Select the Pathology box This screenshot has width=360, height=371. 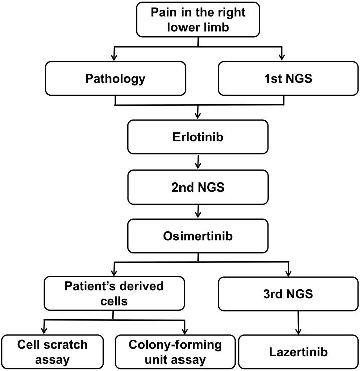click(x=116, y=79)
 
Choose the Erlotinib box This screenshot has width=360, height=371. click(x=199, y=137)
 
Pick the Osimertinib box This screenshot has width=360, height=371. click(x=199, y=236)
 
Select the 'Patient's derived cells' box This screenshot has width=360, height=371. click(x=114, y=294)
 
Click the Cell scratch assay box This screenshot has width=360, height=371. click(x=51, y=352)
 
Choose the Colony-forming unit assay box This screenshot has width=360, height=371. click(x=174, y=352)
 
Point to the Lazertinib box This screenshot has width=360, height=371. click(x=298, y=352)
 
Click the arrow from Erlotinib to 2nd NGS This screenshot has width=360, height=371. click(x=199, y=161)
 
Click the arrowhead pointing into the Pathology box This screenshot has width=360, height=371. click(x=116, y=58)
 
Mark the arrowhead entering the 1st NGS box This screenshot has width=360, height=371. click(x=282, y=58)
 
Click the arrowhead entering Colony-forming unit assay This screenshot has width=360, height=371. click(x=186, y=331)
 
